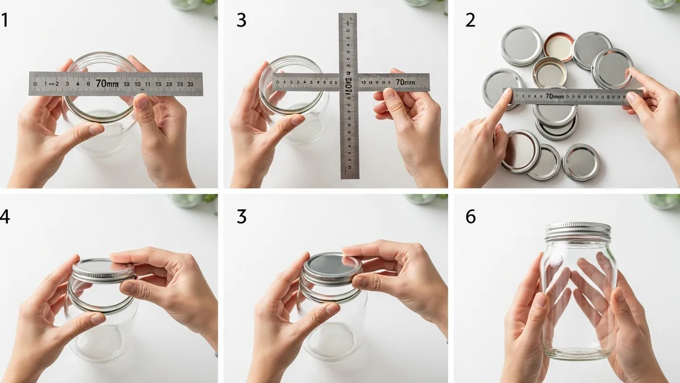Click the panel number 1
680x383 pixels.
point(5,20)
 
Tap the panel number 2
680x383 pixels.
point(470,20)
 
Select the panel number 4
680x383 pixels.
point(5,216)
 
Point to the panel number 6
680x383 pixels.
point(470,216)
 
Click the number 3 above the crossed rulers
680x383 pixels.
point(241,20)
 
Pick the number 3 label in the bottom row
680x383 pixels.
point(241,216)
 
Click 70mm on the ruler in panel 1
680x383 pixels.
point(107,83)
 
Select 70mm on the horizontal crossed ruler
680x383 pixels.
point(405,82)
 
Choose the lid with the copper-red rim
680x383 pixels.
point(559,47)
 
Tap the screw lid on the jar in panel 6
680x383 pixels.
point(577,230)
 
